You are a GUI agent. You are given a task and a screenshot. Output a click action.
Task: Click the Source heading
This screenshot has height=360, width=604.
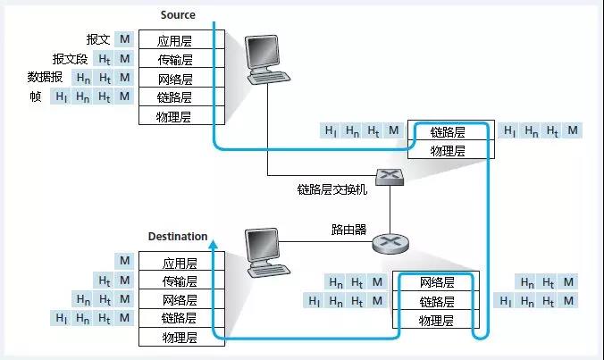[x=178, y=15]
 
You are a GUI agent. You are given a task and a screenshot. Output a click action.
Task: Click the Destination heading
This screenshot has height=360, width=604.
[x=178, y=237]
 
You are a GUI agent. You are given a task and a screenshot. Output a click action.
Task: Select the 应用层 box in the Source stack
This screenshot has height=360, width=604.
[x=181, y=39]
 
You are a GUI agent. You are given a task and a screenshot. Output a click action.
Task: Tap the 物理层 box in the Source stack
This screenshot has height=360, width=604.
[x=181, y=115]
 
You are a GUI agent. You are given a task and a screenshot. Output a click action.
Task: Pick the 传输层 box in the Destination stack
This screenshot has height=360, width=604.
[x=181, y=280]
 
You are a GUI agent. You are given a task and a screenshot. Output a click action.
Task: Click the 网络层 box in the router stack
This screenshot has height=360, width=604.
[x=436, y=281]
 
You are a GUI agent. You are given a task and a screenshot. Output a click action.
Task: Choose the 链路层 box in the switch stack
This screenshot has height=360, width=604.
[x=451, y=130]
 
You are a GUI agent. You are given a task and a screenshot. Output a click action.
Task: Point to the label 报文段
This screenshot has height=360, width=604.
[x=70, y=59]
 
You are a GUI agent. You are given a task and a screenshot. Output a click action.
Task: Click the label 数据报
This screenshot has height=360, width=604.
[x=45, y=77]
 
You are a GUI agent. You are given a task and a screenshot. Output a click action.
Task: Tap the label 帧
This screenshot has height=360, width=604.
[x=36, y=96]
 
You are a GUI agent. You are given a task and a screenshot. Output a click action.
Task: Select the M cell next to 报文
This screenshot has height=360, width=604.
[x=124, y=39]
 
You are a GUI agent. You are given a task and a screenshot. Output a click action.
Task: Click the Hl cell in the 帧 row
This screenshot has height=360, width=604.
[x=61, y=96]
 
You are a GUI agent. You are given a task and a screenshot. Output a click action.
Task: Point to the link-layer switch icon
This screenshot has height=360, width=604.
[x=390, y=177]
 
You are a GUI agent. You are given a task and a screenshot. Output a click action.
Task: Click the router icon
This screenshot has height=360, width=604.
[x=390, y=243]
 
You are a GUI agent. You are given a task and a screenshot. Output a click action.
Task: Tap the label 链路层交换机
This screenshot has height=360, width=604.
[x=332, y=189]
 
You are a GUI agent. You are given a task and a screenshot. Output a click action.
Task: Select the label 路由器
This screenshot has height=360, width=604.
[x=348, y=230]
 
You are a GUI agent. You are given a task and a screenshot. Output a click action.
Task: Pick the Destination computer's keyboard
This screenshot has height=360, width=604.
[x=268, y=270]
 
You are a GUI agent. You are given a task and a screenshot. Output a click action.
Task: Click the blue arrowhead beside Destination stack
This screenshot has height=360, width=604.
[x=214, y=244]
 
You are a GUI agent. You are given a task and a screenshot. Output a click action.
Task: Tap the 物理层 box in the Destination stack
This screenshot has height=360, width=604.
[x=181, y=337]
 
